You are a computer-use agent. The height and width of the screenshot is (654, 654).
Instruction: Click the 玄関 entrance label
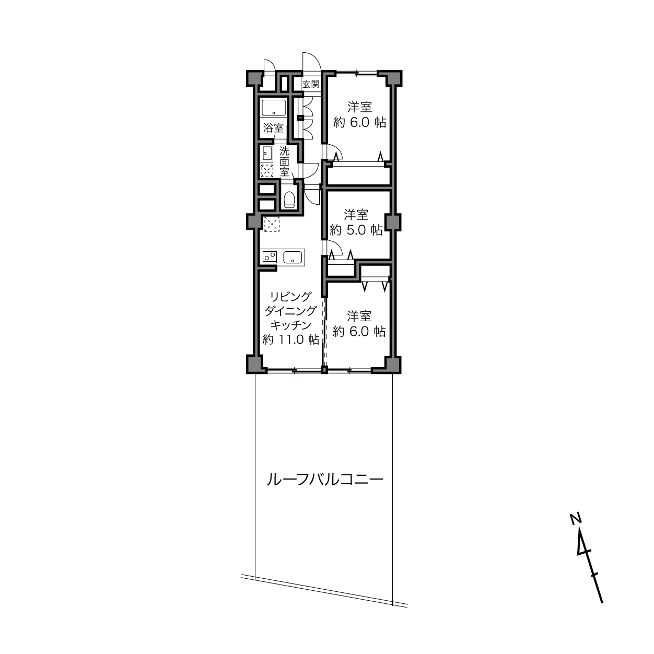[311, 84]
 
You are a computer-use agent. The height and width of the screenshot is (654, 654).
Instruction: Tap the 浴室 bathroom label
[273, 129]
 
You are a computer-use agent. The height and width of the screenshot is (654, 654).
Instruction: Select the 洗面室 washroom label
[284, 161]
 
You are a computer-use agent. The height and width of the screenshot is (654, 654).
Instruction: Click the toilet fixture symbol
[289, 200]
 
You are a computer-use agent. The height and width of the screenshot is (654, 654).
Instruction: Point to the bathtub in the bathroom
[274, 108]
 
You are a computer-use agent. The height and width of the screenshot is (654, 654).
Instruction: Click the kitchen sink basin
[293, 257]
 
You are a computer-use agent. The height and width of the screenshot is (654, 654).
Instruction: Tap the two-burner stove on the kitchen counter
[270, 257]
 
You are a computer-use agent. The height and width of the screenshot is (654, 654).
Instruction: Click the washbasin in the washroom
[267, 155]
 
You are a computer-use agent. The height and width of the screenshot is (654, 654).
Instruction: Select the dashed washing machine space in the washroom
[267, 171]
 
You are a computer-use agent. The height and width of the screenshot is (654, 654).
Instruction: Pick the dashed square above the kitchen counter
[272, 224]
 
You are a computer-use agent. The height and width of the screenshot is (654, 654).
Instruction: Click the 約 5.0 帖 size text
[356, 230]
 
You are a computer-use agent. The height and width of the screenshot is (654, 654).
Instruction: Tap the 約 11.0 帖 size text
[291, 340]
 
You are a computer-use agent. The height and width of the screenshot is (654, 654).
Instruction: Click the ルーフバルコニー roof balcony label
[325, 480]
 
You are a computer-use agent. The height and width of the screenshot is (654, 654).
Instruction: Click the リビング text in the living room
[290, 297]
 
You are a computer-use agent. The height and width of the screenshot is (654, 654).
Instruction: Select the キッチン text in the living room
[290, 325]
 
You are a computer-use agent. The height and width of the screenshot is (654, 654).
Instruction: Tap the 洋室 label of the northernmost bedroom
[359, 107]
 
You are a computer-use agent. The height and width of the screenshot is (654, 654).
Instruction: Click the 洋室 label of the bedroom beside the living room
[359, 316]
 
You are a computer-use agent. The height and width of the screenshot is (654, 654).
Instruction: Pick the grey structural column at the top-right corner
[394, 78]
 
